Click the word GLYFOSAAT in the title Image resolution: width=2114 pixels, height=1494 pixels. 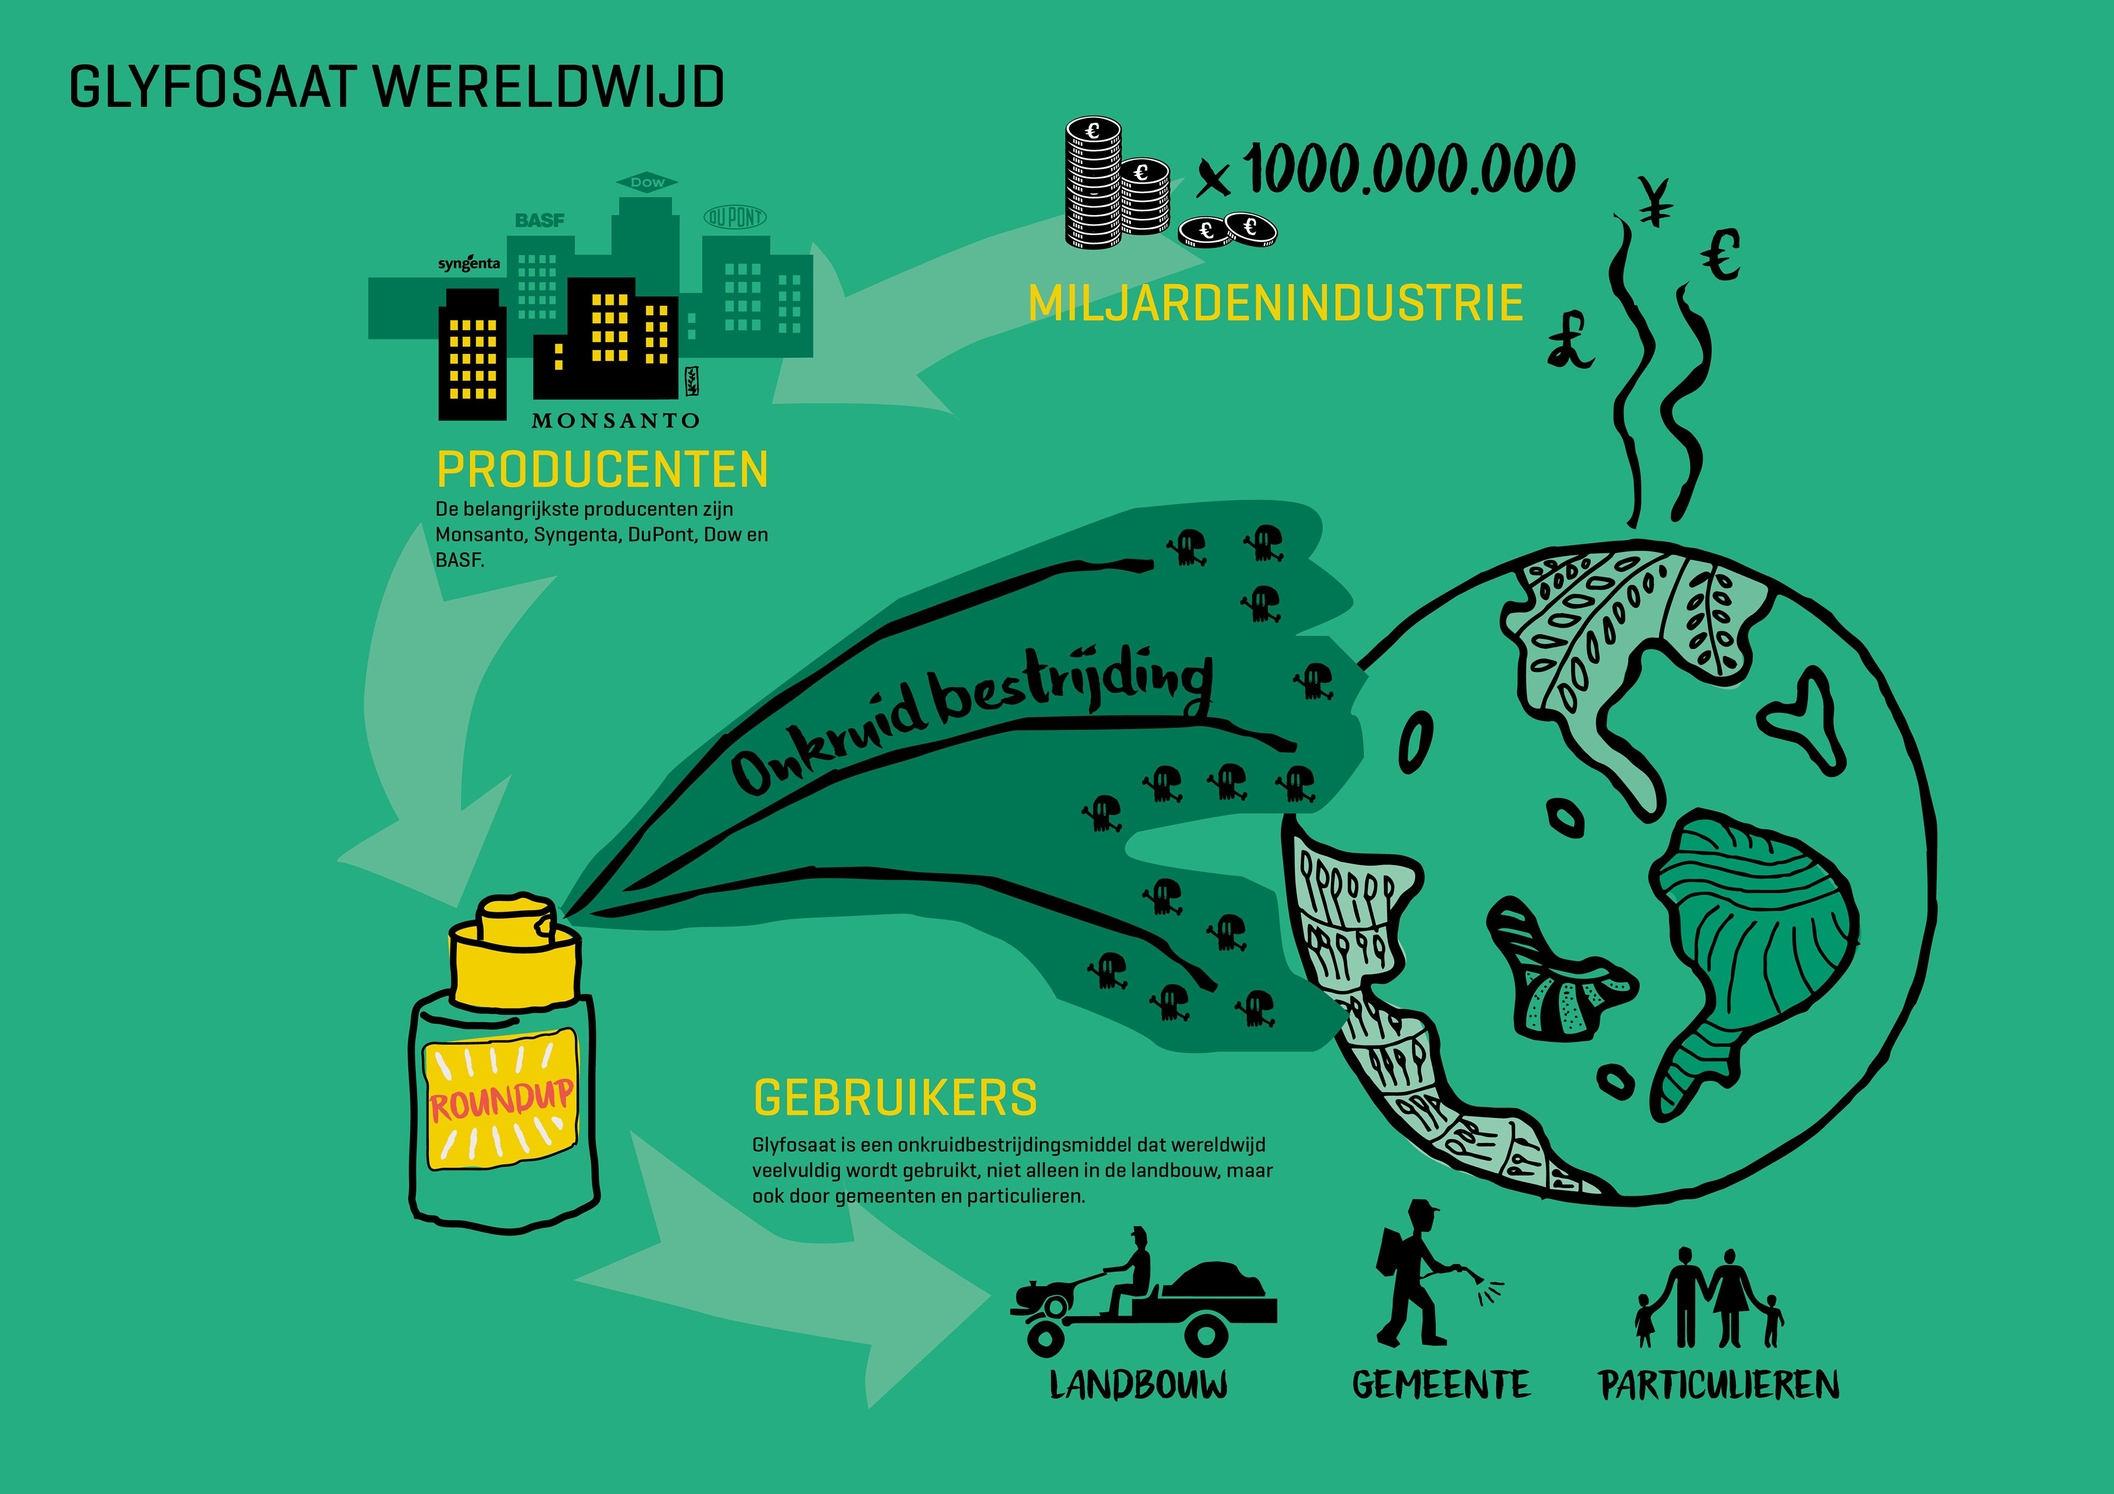click(213, 87)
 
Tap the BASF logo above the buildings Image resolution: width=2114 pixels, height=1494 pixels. click(540, 221)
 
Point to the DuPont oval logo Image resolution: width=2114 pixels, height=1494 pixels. click(735, 217)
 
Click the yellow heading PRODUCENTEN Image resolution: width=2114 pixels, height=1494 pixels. click(602, 470)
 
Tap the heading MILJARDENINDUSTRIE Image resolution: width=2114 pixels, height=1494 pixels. click(1275, 304)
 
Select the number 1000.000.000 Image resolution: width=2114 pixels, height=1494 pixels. click(1409, 170)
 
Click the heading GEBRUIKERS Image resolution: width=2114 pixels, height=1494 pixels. click(895, 1098)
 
